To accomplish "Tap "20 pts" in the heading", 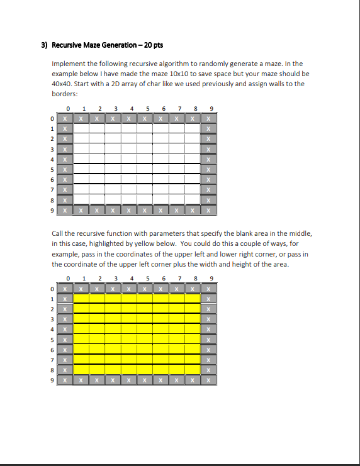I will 152,45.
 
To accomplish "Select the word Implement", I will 69,64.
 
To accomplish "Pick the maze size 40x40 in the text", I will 62,84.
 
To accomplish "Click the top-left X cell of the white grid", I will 65,118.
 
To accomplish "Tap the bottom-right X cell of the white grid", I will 209,209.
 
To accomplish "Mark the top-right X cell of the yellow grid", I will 209,289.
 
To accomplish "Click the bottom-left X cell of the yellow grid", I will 65,380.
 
